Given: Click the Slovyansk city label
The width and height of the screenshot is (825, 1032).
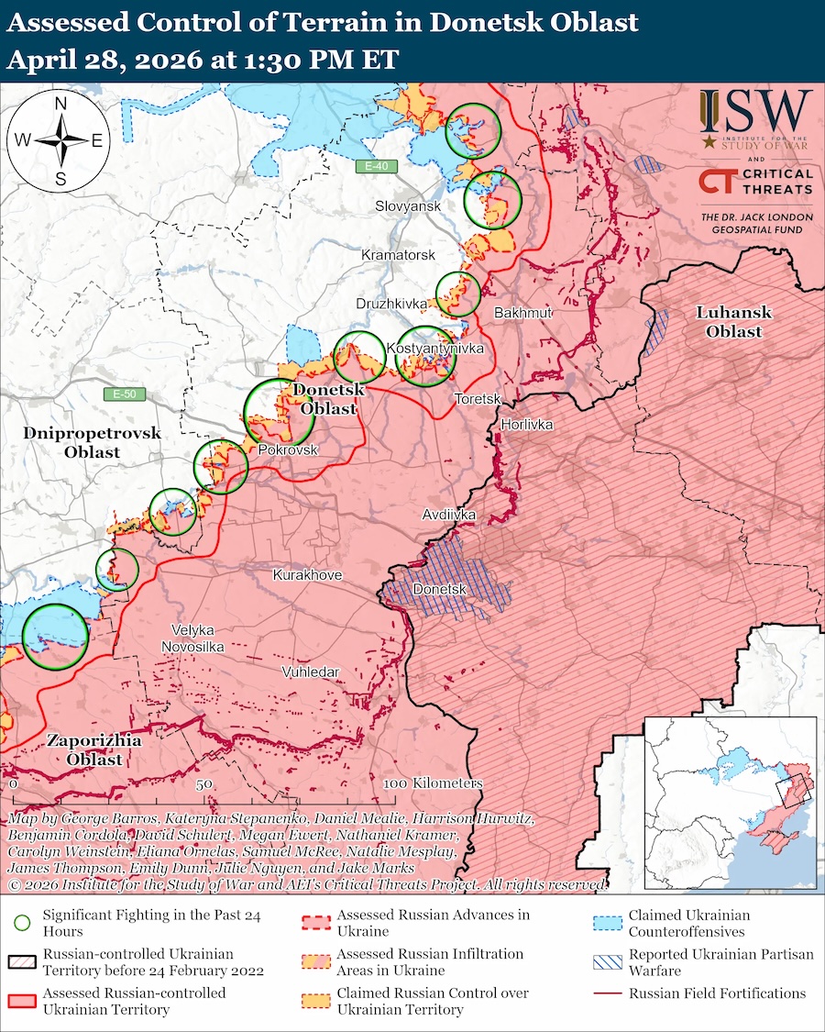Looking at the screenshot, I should (408, 206).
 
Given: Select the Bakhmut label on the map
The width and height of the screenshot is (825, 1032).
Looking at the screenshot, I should (523, 313).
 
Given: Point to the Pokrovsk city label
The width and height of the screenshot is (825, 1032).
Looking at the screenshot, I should (288, 450).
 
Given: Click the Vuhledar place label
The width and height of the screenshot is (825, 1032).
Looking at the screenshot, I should (310, 672).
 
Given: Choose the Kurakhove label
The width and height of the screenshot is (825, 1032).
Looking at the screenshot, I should (307, 574).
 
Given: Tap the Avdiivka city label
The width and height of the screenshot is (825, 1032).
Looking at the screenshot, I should (449, 516).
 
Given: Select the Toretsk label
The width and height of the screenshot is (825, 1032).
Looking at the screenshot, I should (478, 399).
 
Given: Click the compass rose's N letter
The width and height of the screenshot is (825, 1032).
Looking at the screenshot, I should (60, 105).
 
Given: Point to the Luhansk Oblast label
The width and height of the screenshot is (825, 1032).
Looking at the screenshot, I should (734, 322).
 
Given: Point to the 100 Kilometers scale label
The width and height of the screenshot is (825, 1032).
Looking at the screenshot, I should (433, 784).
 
